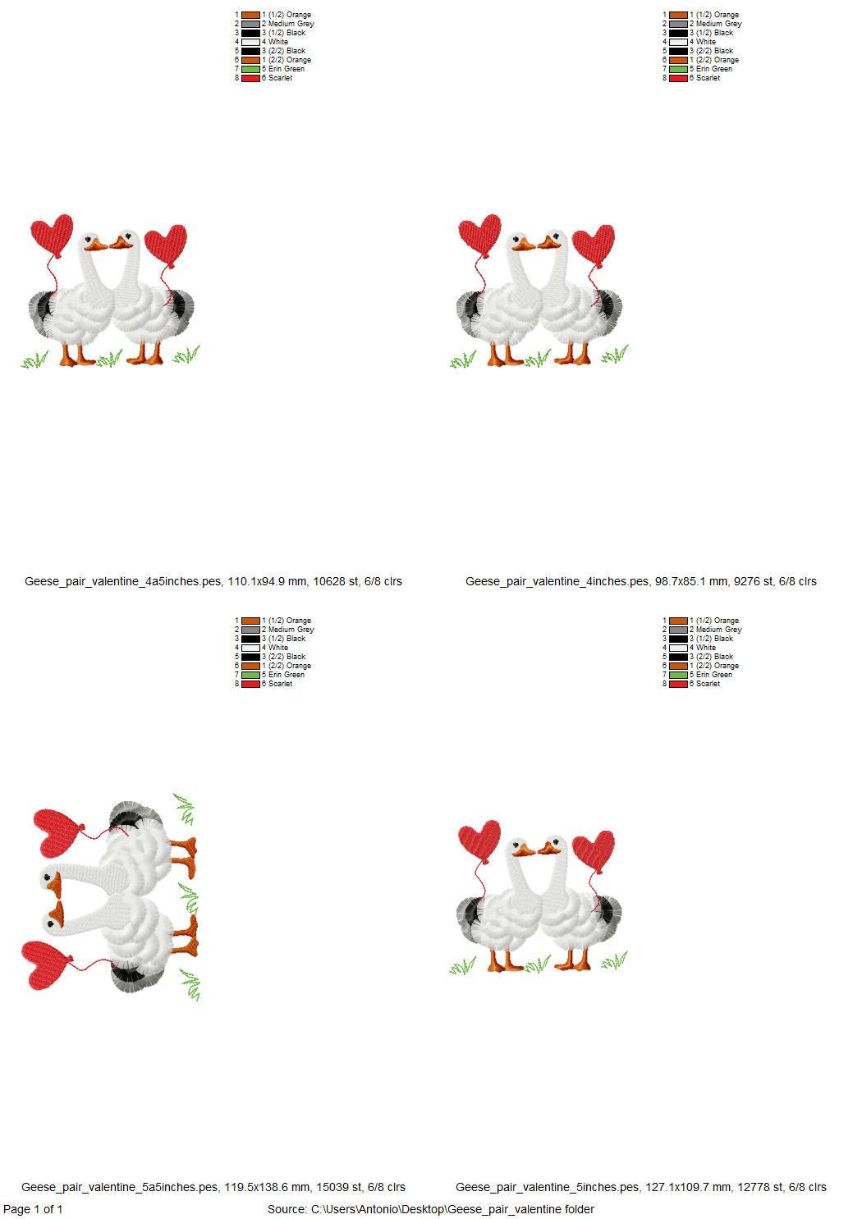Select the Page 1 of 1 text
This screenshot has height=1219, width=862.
pyautogui.click(x=33, y=1209)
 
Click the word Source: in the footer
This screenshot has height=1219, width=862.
pyautogui.click(x=287, y=1209)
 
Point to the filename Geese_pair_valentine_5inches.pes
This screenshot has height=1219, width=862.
pyautogui.click(x=548, y=1187)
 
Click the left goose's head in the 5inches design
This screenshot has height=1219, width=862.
pyautogui.click(x=519, y=847)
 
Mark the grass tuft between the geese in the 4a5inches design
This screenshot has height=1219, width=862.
pyautogui.click(x=109, y=358)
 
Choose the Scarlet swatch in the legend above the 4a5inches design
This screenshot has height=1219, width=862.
pyautogui.click(x=250, y=78)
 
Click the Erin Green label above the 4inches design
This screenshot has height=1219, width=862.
pyautogui.click(x=714, y=69)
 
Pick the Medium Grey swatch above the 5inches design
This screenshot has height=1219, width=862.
pyautogui.click(x=678, y=630)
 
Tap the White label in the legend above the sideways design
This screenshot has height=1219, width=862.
pyautogui.click(x=278, y=648)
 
